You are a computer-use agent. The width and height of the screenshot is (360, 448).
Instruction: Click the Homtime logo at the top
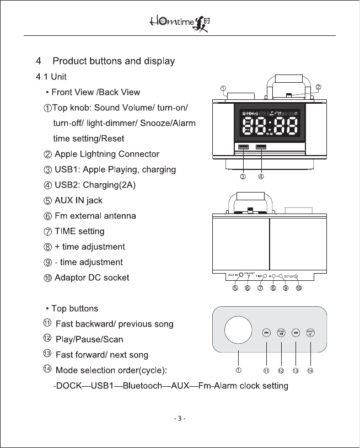(180, 23)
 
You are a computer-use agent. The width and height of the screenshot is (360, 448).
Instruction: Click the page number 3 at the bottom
(180, 418)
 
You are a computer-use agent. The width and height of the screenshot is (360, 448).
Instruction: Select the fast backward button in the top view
(266, 332)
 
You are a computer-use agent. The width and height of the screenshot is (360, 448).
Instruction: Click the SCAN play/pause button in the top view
(281, 332)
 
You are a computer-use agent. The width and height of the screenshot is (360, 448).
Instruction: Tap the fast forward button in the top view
(296, 332)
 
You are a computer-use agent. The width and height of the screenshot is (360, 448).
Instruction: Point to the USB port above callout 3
(243, 147)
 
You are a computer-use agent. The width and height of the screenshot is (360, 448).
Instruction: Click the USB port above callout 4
(261, 147)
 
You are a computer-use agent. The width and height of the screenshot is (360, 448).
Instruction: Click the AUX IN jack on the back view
(241, 274)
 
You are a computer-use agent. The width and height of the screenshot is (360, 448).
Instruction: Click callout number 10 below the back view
(298, 287)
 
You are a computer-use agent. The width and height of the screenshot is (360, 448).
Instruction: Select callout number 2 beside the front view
(318, 87)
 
